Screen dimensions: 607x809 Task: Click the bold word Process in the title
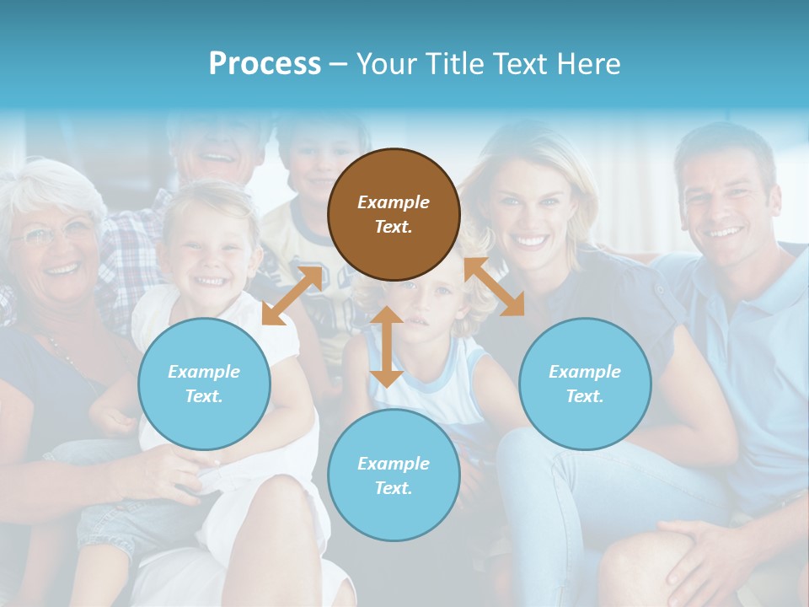pos(265,64)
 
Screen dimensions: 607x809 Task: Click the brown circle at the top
pos(394,214)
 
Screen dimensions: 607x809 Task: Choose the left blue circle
pos(204,384)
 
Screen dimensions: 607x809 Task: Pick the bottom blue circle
pos(394,475)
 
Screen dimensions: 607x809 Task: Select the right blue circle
pos(585,384)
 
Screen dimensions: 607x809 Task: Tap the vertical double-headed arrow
pos(387,346)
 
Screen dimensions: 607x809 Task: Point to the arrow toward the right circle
pos(495,287)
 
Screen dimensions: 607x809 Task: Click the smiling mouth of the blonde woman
pos(530,241)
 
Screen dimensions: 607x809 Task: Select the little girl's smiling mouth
pos(209,281)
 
